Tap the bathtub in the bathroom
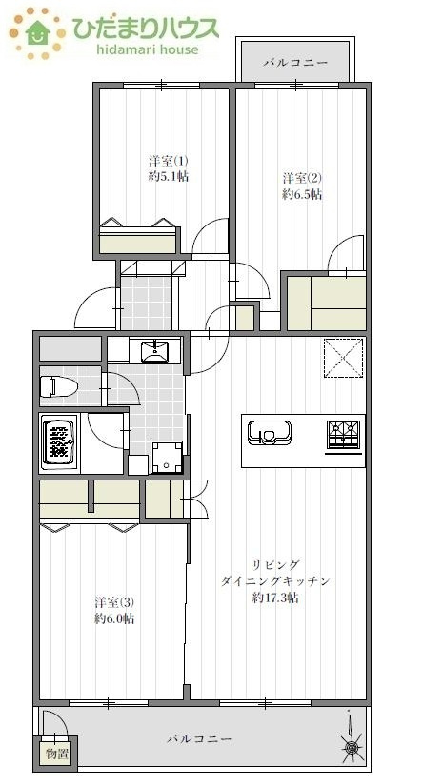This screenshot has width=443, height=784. tap(59, 442)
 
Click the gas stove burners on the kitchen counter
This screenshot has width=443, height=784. tap(344, 433)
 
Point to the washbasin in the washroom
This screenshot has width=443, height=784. tap(155, 351)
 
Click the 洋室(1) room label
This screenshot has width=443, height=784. tap(168, 160)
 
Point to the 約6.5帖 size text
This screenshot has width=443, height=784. tap(302, 194)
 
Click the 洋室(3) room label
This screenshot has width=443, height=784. tap(114, 602)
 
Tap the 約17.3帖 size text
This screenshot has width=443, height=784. tap(275, 598)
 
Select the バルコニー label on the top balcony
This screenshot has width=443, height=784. tap(295, 62)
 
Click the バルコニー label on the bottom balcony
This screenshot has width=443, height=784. tap(199, 738)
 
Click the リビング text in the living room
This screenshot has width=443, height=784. tap(276, 564)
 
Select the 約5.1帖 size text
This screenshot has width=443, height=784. tap(168, 177)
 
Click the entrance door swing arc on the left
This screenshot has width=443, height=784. tap(95, 306)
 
